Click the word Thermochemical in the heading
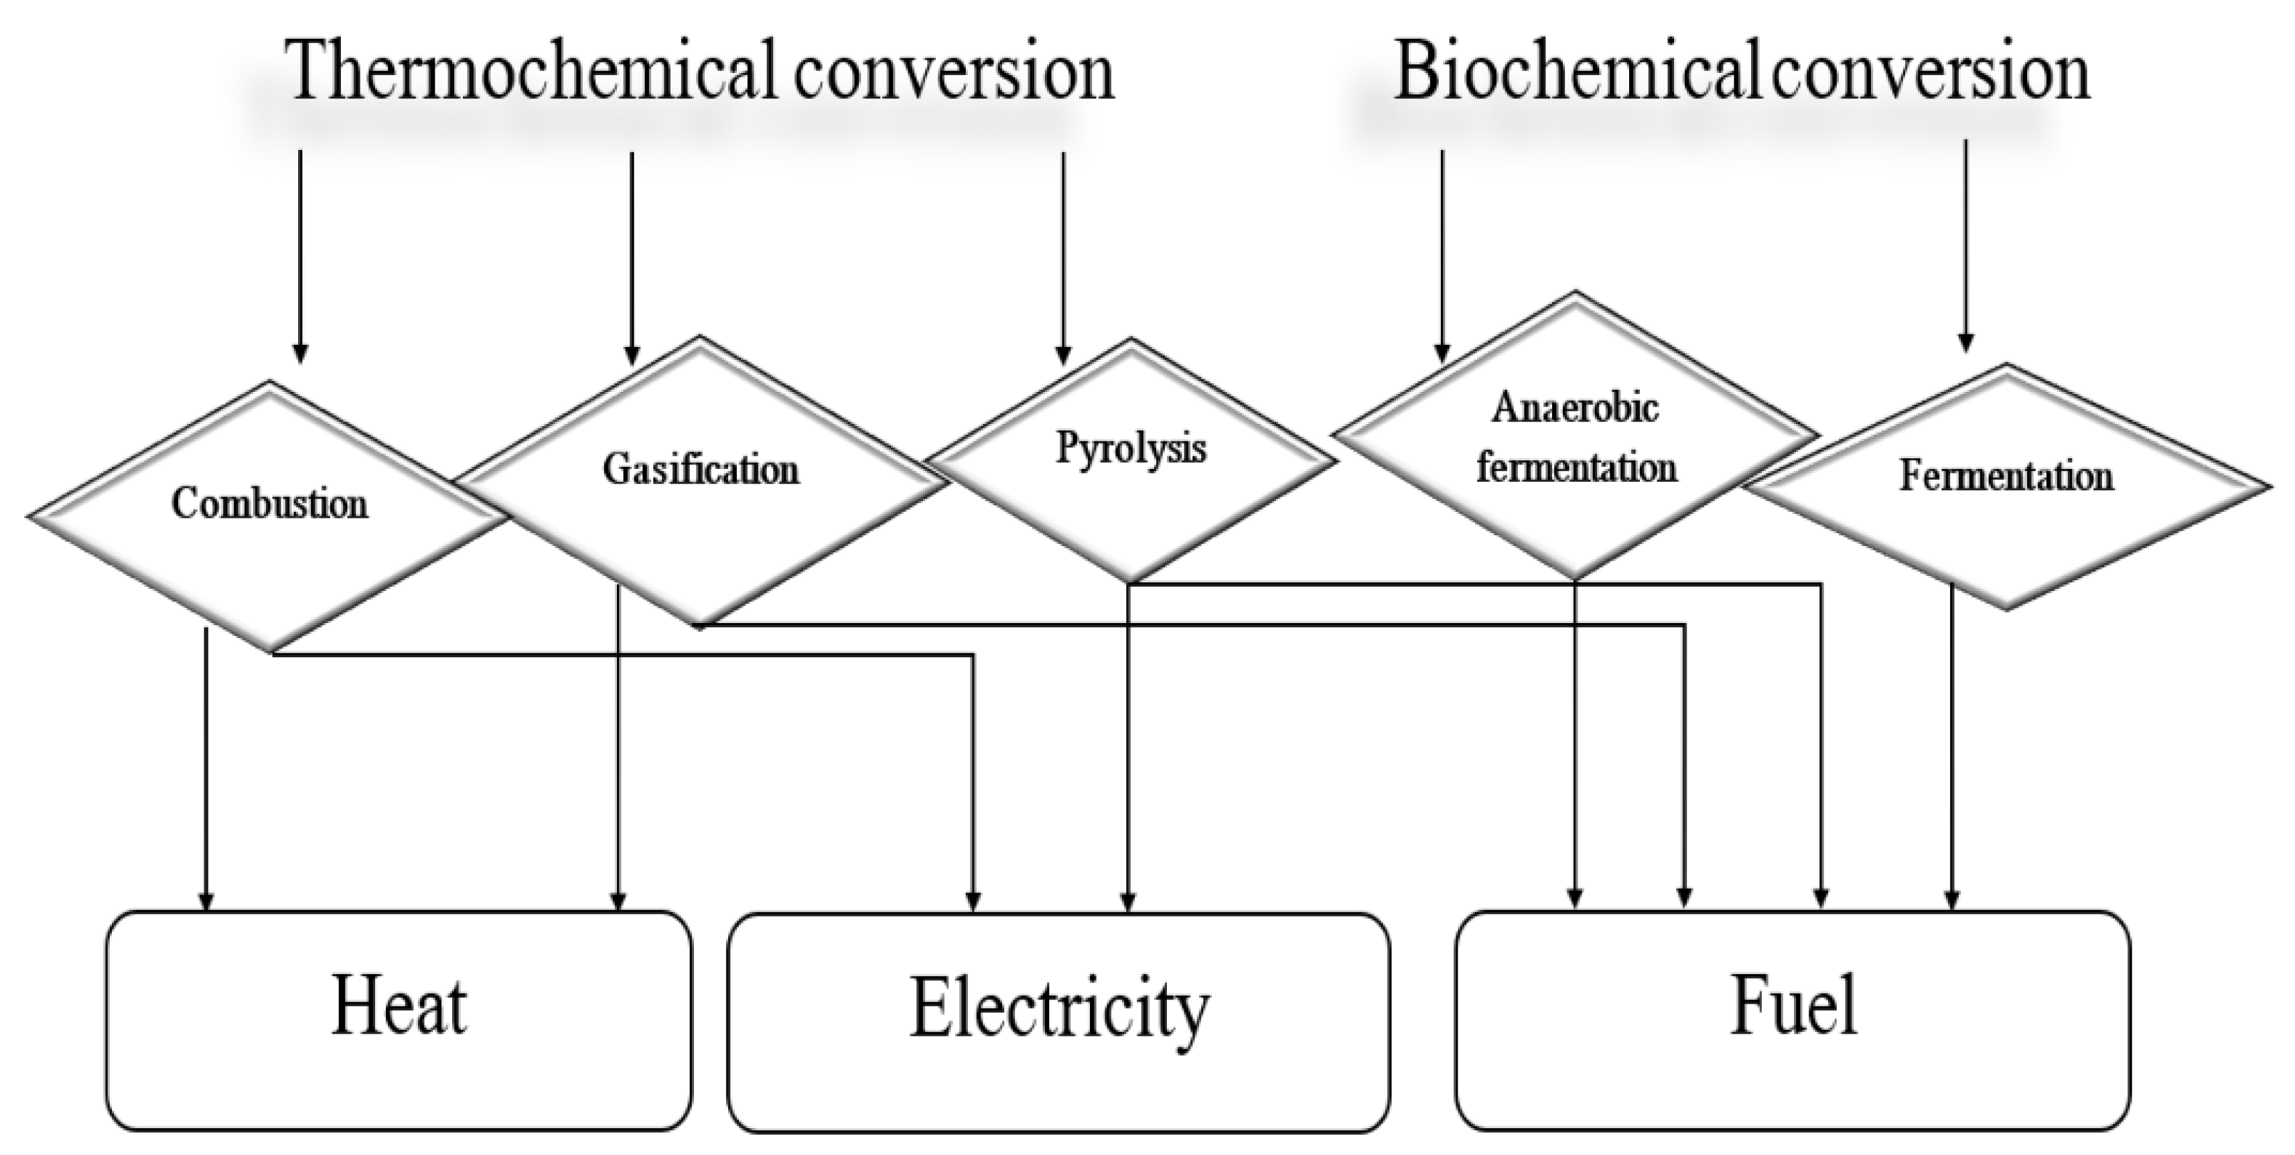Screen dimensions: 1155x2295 click(x=535, y=71)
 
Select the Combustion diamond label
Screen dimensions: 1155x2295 click(x=269, y=504)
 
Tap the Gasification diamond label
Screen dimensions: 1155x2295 click(x=701, y=470)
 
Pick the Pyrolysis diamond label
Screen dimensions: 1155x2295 click(x=1131, y=448)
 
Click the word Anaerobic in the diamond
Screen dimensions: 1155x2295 click(x=1575, y=408)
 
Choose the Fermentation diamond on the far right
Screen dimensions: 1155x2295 click(x=2006, y=476)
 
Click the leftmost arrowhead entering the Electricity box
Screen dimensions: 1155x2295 click(x=973, y=901)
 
